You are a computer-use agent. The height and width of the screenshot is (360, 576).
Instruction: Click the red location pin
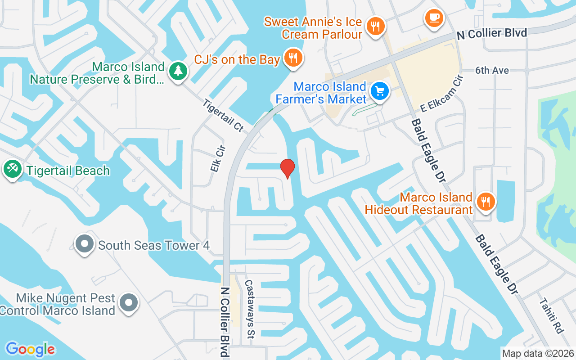pyautogui.click(x=287, y=168)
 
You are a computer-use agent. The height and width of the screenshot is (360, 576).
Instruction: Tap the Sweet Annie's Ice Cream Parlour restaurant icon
pyautogui.click(x=375, y=26)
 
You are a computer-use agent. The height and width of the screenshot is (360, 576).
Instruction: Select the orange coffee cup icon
pyautogui.click(x=434, y=18)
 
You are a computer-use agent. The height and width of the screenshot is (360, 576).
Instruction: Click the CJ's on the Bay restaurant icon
pyautogui.click(x=293, y=58)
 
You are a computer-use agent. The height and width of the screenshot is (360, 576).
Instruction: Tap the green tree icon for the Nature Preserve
pyautogui.click(x=178, y=71)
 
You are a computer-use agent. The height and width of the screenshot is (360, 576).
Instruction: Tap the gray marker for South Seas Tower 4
pyautogui.click(x=84, y=244)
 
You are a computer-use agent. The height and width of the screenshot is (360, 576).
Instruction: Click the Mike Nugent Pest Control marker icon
pyautogui.click(x=129, y=302)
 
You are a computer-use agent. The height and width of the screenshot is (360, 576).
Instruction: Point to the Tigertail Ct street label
pyautogui.click(x=223, y=116)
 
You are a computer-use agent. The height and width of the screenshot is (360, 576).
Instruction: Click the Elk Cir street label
pyautogui.click(x=217, y=158)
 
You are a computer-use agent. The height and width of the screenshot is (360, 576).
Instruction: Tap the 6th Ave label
pyautogui.click(x=492, y=71)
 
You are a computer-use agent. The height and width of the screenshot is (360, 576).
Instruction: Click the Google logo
pyautogui.click(x=30, y=349)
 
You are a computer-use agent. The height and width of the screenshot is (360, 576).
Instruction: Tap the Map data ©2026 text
pyautogui.click(x=538, y=353)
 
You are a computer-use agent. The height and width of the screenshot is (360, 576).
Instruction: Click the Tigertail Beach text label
pyautogui.click(x=68, y=171)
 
